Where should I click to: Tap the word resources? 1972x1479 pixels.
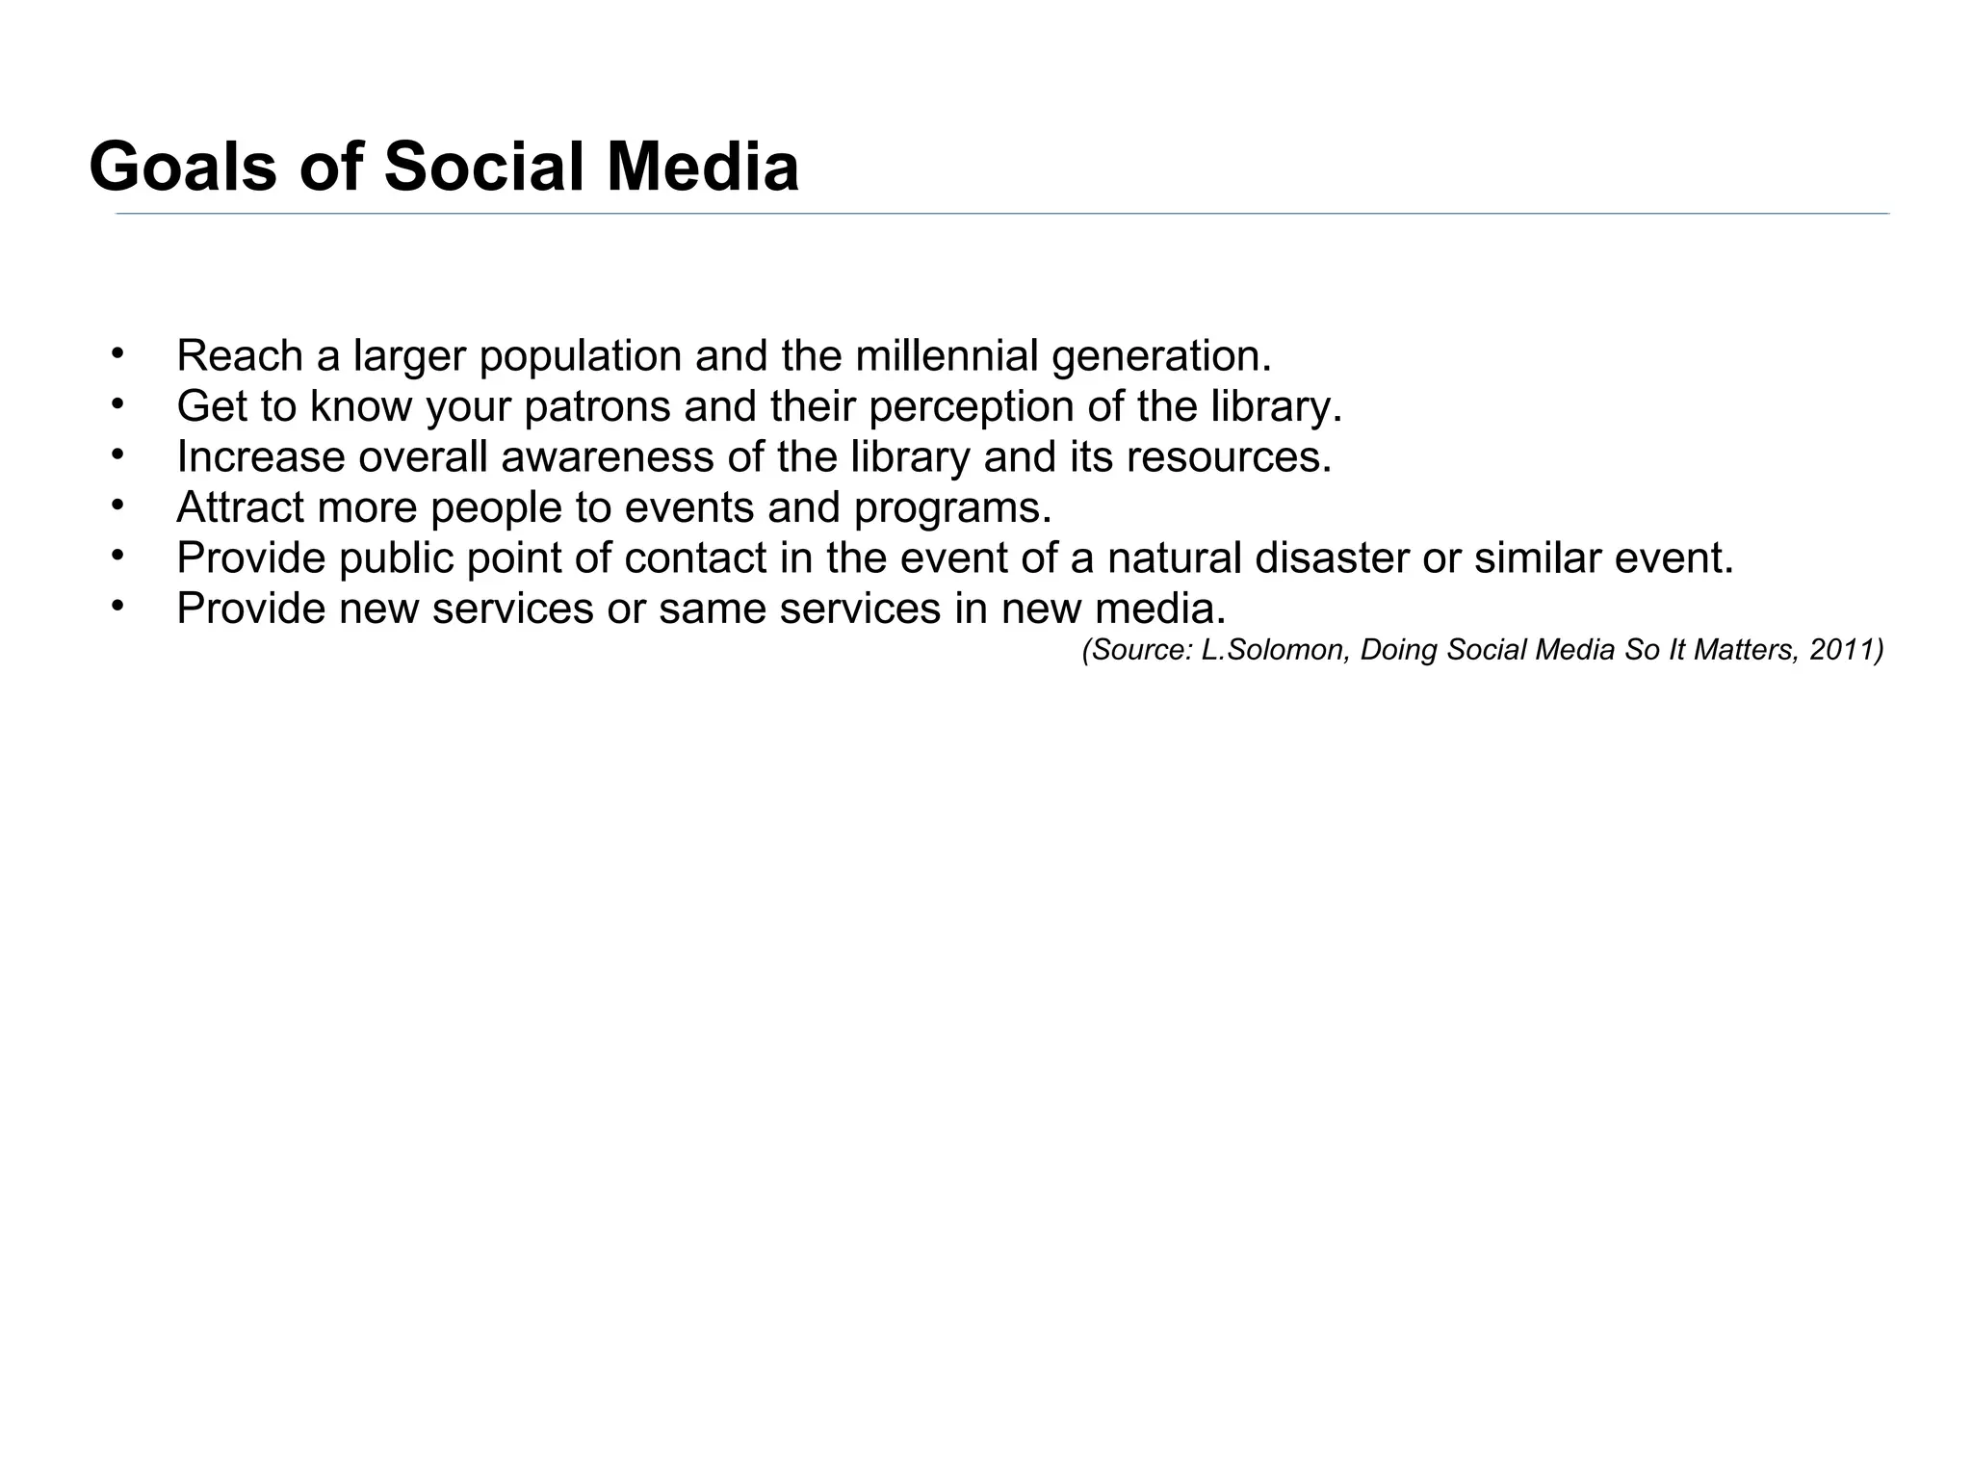1229,457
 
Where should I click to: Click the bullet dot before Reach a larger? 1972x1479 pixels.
117,352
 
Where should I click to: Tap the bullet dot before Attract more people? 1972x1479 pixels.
117,504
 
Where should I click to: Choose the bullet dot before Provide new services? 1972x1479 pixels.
117,605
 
